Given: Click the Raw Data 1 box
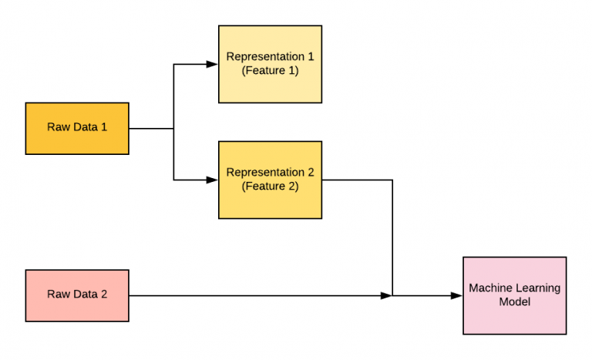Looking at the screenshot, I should click(77, 129).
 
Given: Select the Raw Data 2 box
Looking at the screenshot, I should click(77, 295).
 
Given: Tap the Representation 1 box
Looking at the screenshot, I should click(270, 64).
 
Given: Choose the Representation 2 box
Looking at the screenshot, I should click(270, 179).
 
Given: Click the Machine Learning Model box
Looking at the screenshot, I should click(514, 295).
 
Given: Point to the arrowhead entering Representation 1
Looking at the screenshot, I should click(213, 65).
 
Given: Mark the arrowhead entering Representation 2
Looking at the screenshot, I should click(213, 180).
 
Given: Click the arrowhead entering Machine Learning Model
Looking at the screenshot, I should click(457, 295).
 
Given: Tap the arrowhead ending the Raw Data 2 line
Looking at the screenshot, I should click(387, 295).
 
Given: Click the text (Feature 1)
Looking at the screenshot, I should click(270, 71).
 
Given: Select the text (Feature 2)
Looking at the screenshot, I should click(270, 186).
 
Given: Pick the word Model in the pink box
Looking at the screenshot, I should click(515, 302).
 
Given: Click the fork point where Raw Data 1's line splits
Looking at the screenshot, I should click(174, 129).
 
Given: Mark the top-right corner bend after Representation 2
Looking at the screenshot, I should click(393, 180).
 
